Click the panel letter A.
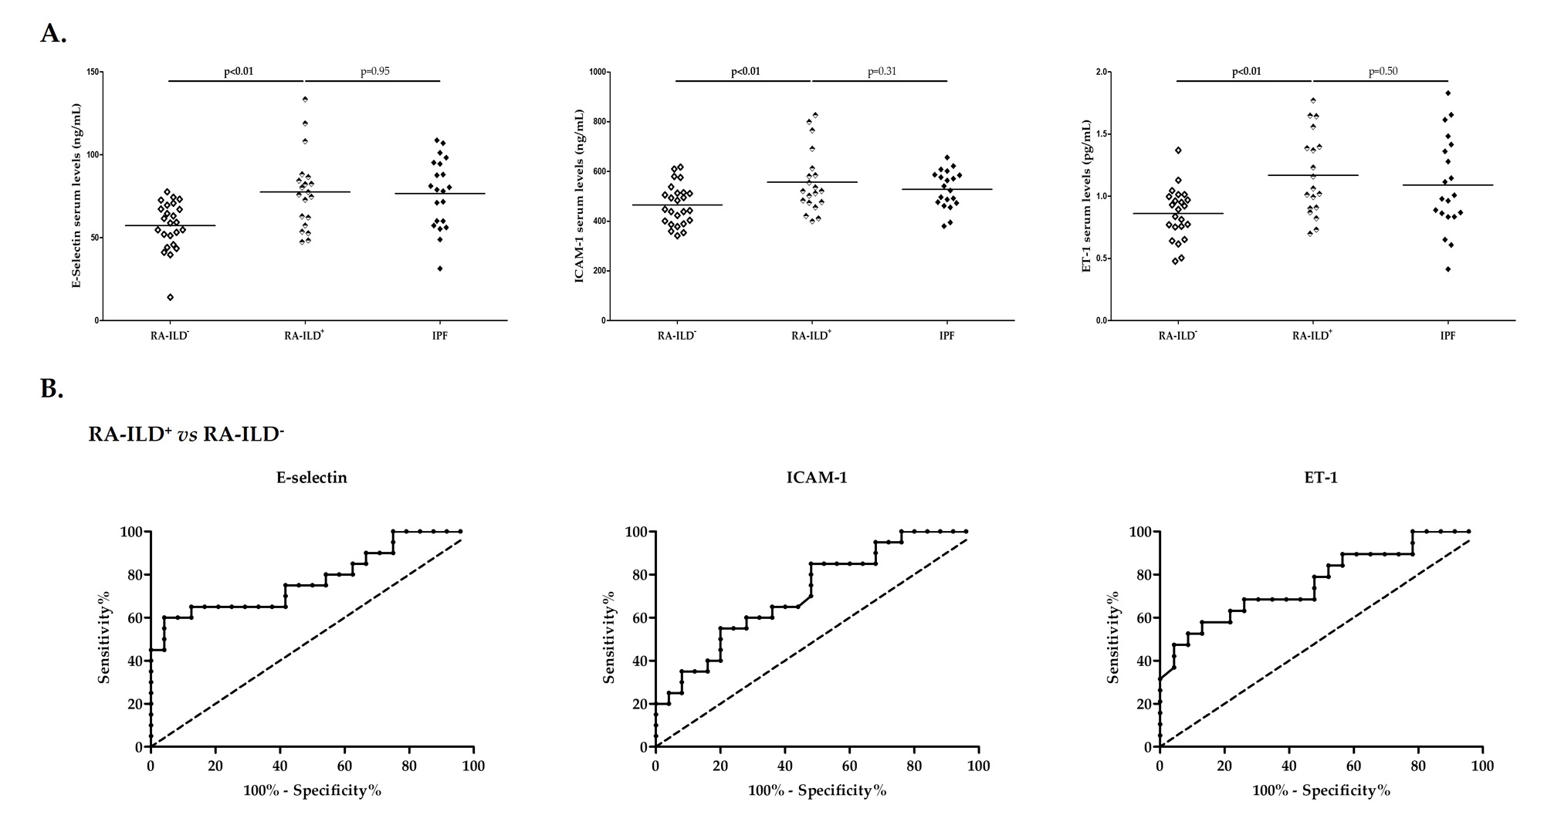pos(53,33)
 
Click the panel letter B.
pos(52,389)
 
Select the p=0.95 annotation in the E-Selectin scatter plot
pos(375,72)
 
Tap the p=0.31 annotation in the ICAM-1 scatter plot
pos(882,72)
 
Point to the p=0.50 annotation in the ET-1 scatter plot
pos(1383,72)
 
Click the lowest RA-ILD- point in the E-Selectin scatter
pos(170,297)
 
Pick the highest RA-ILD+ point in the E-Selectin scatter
pos(305,99)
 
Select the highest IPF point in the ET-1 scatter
pos(1448,93)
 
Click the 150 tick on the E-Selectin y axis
pos(93,73)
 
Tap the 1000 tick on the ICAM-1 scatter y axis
pos(595,73)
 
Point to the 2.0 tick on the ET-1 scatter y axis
pos(1100,73)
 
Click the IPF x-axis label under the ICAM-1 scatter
pos(947,336)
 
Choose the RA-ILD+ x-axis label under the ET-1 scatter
pos(1312,335)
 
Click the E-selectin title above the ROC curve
pos(312,478)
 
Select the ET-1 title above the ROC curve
pos(1321,478)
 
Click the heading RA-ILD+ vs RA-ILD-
pos(186,434)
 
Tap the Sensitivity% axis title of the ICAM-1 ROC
pos(609,637)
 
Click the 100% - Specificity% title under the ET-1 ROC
pos(1321,791)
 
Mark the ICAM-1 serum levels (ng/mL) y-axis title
pos(579,196)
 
